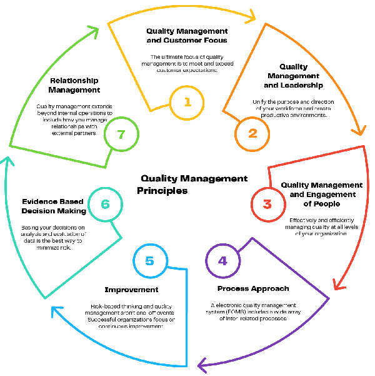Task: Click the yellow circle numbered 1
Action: pyautogui.click(x=187, y=103)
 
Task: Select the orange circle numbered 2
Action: pyautogui.click(x=252, y=133)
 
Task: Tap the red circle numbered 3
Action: pyautogui.click(x=268, y=204)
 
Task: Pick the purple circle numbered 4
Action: pyautogui.click(x=223, y=261)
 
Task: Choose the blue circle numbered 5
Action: pyautogui.click(x=150, y=261)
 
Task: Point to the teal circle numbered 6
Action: pyautogui.click(x=105, y=204)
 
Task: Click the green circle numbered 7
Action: pyautogui.click(x=121, y=134)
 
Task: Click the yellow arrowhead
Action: pyautogui.click(x=251, y=16)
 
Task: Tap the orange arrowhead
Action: pyautogui.click(x=359, y=130)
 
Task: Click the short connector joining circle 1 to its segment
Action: pyautogui.click(x=160, y=107)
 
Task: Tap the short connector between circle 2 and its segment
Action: pyautogui.click(x=230, y=116)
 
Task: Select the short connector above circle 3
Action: pyautogui.click(x=269, y=177)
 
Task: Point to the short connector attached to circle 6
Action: pyautogui.click(x=116, y=229)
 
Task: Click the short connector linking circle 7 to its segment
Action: pyautogui.click(x=107, y=158)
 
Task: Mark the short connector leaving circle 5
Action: pyautogui.click(x=177, y=269)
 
